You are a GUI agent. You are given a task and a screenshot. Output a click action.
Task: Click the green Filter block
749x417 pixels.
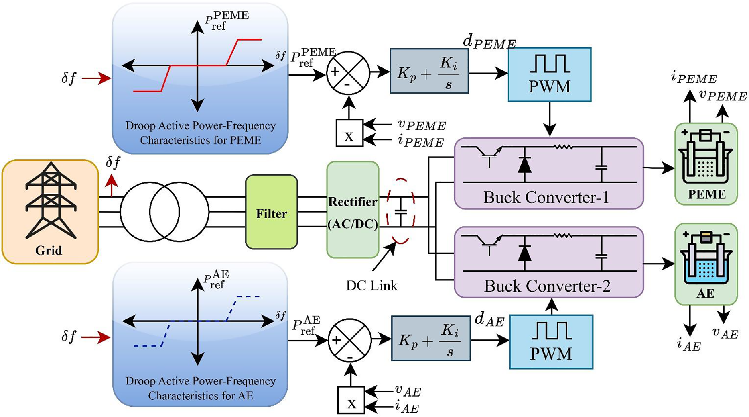tap(272, 212)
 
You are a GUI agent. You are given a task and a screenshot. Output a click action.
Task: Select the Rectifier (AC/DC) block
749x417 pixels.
tap(353, 210)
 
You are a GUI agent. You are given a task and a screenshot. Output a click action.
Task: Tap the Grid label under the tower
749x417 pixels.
tap(49, 251)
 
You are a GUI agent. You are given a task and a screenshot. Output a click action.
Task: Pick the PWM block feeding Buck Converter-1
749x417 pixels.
tap(549, 74)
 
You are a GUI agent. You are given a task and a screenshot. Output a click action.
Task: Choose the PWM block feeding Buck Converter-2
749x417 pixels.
tap(551, 342)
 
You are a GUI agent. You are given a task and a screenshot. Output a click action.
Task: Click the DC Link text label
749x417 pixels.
tap(372, 286)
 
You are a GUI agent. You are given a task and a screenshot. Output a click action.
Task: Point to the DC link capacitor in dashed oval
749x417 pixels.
tap(401, 211)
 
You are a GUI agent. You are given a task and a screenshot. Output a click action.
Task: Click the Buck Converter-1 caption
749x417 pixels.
tap(546, 198)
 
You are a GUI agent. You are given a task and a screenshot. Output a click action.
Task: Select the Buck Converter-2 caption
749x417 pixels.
tap(547, 286)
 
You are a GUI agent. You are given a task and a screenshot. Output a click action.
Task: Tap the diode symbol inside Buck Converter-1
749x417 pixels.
tap(524, 165)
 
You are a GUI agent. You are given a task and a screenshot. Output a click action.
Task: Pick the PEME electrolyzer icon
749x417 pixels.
tap(706, 159)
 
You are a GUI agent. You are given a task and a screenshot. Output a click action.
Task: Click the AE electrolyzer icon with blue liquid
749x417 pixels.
tap(706, 259)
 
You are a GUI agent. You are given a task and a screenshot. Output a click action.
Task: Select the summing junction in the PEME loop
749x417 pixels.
tap(348, 73)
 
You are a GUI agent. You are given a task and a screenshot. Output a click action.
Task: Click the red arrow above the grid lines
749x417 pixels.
tap(112, 186)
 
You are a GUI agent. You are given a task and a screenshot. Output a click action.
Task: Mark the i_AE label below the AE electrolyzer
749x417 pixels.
tap(688, 345)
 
